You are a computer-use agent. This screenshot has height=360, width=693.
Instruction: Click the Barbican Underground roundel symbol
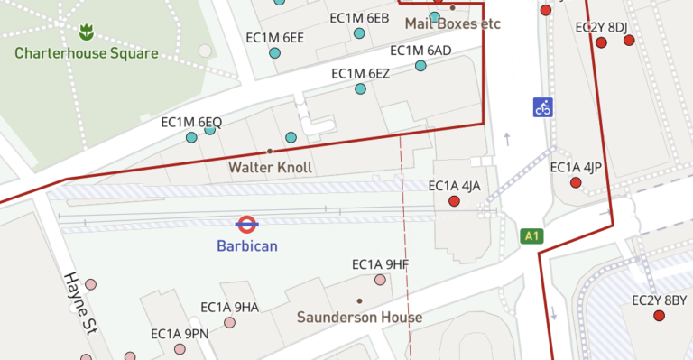[x=247, y=223]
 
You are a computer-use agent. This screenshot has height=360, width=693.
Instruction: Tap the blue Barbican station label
[x=247, y=245]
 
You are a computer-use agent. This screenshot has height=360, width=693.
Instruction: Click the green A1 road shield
[x=533, y=236]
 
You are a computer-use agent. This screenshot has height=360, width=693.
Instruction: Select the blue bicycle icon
[x=542, y=107]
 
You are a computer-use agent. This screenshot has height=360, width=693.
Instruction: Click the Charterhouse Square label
[x=86, y=53]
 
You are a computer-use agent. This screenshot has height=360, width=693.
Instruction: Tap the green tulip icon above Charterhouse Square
[x=87, y=33]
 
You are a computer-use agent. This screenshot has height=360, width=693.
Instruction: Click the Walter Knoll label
[x=270, y=167]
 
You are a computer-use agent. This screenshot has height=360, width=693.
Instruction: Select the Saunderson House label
[x=359, y=318]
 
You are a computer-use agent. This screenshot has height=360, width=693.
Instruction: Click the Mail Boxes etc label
[x=452, y=23]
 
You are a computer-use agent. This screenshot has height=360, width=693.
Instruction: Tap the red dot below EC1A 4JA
[x=454, y=201]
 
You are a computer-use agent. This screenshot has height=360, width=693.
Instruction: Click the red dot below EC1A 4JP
[x=576, y=183]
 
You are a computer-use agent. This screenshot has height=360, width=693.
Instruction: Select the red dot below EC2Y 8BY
[x=659, y=316]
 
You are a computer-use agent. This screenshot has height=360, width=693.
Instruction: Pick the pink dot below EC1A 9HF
[x=381, y=281]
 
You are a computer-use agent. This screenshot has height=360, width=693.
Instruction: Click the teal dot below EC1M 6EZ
[x=360, y=88]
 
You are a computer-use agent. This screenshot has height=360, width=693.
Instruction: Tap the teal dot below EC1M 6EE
[x=275, y=53]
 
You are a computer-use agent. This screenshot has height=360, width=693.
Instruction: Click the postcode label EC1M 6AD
[x=420, y=51]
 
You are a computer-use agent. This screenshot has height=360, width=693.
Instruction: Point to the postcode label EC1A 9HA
[x=229, y=308]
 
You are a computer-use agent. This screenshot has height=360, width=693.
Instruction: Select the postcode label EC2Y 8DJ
[x=601, y=27]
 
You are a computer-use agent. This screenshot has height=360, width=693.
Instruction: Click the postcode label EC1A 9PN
[x=180, y=333]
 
